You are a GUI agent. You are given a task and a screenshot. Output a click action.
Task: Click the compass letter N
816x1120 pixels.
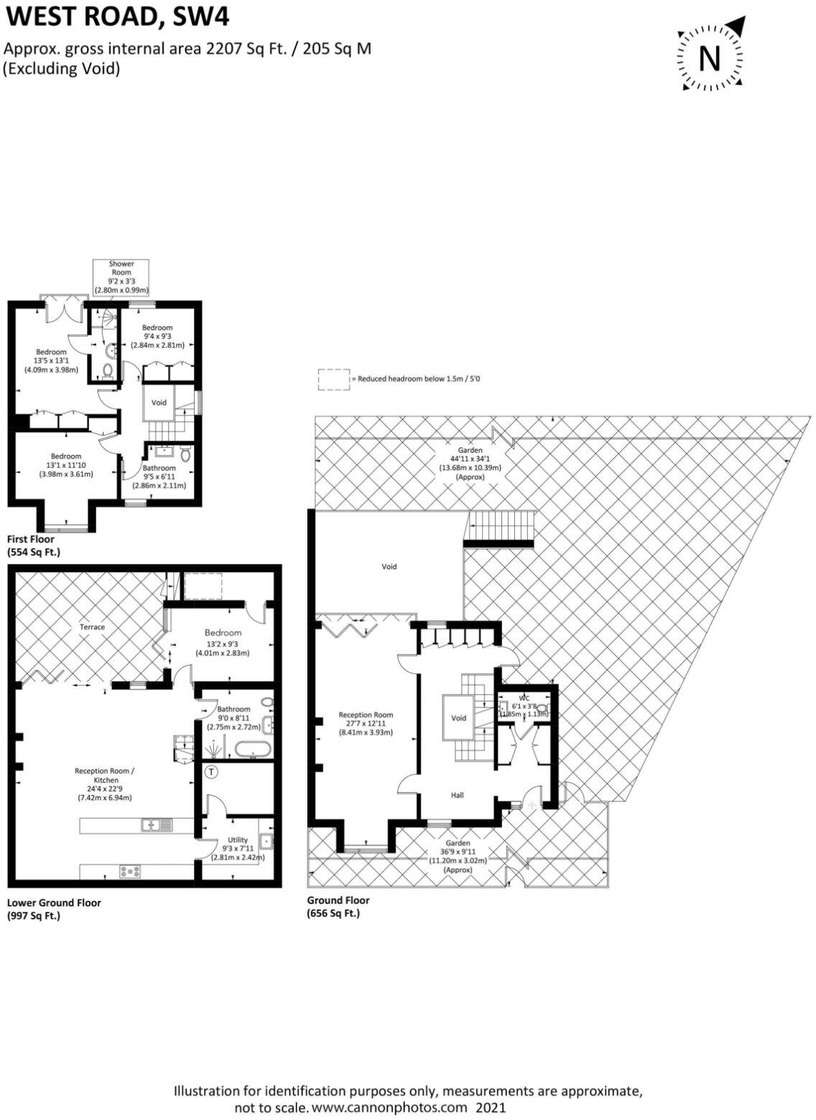(x=710, y=58)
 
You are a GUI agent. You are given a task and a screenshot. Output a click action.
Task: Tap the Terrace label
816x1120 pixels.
(x=92, y=627)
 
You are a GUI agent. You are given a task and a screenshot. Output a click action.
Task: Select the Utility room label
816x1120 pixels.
(x=238, y=840)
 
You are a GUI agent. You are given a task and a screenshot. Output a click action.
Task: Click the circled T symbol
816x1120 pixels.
(x=211, y=773)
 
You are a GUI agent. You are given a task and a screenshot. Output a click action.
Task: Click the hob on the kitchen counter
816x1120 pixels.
(x=130, y=871)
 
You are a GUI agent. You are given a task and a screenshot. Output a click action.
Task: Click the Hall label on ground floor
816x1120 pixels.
(x=458, y=795)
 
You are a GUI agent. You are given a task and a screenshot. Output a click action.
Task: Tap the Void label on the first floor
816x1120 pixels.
(x=159, y=403)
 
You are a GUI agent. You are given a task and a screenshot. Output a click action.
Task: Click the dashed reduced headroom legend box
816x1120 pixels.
(x=333, y=380)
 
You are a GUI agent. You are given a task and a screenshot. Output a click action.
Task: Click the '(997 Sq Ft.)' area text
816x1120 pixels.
(x=33, y=916)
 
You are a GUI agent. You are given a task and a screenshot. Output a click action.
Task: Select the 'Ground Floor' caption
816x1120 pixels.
(x=338, y=900)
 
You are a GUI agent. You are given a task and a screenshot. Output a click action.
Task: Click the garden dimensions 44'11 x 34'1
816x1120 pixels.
(x=471, y=459)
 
